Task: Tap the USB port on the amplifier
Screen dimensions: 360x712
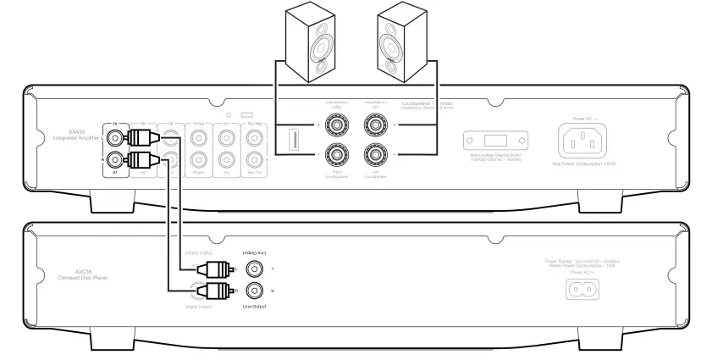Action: [292, 140]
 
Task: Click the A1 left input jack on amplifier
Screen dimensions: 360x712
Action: [113, 136]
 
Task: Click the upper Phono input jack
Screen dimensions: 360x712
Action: [197, 136]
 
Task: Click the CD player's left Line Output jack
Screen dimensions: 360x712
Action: [252, 270]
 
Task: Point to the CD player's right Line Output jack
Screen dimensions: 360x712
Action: [252, 291]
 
